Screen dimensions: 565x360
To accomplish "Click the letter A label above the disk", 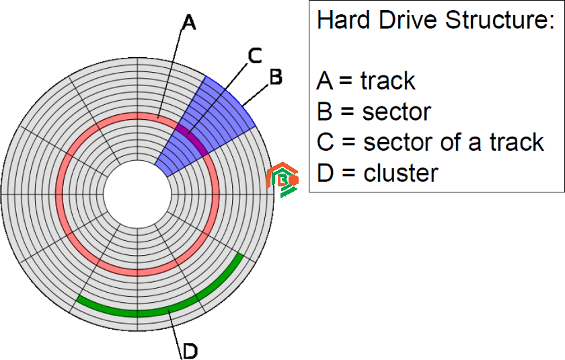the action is (189, 22).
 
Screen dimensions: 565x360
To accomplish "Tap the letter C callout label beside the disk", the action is (255, 56).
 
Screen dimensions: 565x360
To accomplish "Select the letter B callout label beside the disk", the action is (276, 77).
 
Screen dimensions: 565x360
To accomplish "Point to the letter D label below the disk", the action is (190, 351).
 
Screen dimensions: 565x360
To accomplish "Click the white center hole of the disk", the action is (137, 194).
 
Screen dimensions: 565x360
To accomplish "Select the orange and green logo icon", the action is (282, 180).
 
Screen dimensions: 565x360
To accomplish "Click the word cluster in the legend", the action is (401, 173).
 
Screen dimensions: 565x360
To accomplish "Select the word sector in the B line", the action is (396, 112).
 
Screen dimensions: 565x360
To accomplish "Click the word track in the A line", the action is (387, 81).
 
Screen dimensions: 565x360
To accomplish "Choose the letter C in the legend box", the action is (326, 143).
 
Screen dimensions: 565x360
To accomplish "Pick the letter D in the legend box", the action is (326, 173).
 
